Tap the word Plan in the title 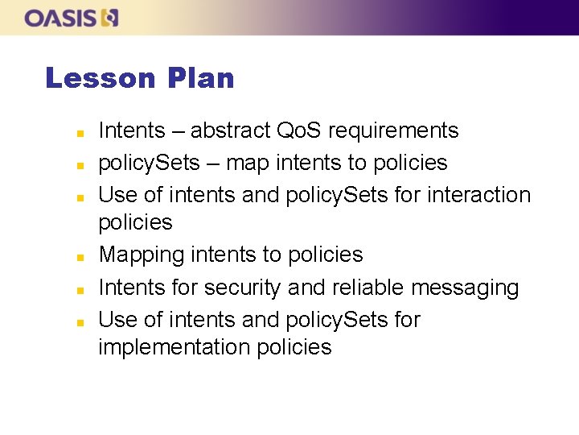tap(201, 79)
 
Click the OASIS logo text tap(61, 18)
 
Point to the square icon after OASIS tap(110, 18)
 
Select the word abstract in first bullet tap(230, 130)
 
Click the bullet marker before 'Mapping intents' tap(70, 257)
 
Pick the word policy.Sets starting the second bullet tap(149, 163)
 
